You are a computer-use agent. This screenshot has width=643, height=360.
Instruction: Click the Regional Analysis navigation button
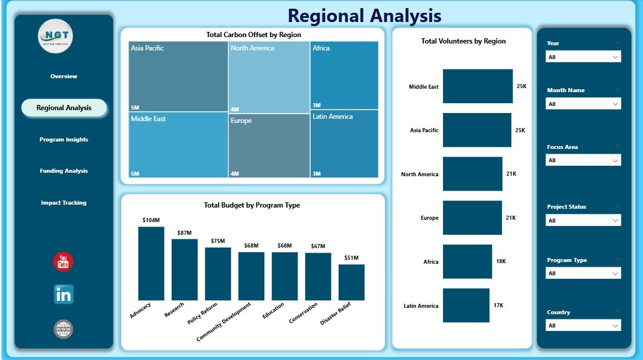(64, 108)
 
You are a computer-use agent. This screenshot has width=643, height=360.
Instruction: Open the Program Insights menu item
(64, 140)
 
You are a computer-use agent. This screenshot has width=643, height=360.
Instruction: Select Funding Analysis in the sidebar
(64, 171)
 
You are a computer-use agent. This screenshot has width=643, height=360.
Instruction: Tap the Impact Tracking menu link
(64, 203)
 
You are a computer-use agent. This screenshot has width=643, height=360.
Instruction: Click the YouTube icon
(63, 262)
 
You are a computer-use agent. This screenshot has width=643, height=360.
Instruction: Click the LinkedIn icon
(63, 294)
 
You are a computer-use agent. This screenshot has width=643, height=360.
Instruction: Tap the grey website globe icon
(63, 329)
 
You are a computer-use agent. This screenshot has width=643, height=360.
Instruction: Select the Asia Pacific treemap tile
(178, 77)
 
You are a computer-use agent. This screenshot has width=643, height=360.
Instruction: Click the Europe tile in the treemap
(269, 145)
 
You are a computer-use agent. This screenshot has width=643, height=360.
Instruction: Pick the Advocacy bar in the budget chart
(151, 263)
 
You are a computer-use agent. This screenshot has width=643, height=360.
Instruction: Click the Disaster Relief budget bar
(351, 282)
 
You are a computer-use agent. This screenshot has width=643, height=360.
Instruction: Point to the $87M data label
(185, 232)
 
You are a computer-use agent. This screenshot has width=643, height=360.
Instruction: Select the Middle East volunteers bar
(477, 86)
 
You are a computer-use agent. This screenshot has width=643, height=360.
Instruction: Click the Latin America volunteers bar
(466, 306)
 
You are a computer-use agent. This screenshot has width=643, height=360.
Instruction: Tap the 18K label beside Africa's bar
(501, 261)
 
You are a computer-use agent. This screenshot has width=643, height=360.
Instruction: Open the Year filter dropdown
(583, 57)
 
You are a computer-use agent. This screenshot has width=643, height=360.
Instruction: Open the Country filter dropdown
(583, 326)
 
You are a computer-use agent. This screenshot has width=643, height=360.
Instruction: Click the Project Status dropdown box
(583, 220)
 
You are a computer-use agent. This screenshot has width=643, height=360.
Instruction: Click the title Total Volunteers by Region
(463, 41)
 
